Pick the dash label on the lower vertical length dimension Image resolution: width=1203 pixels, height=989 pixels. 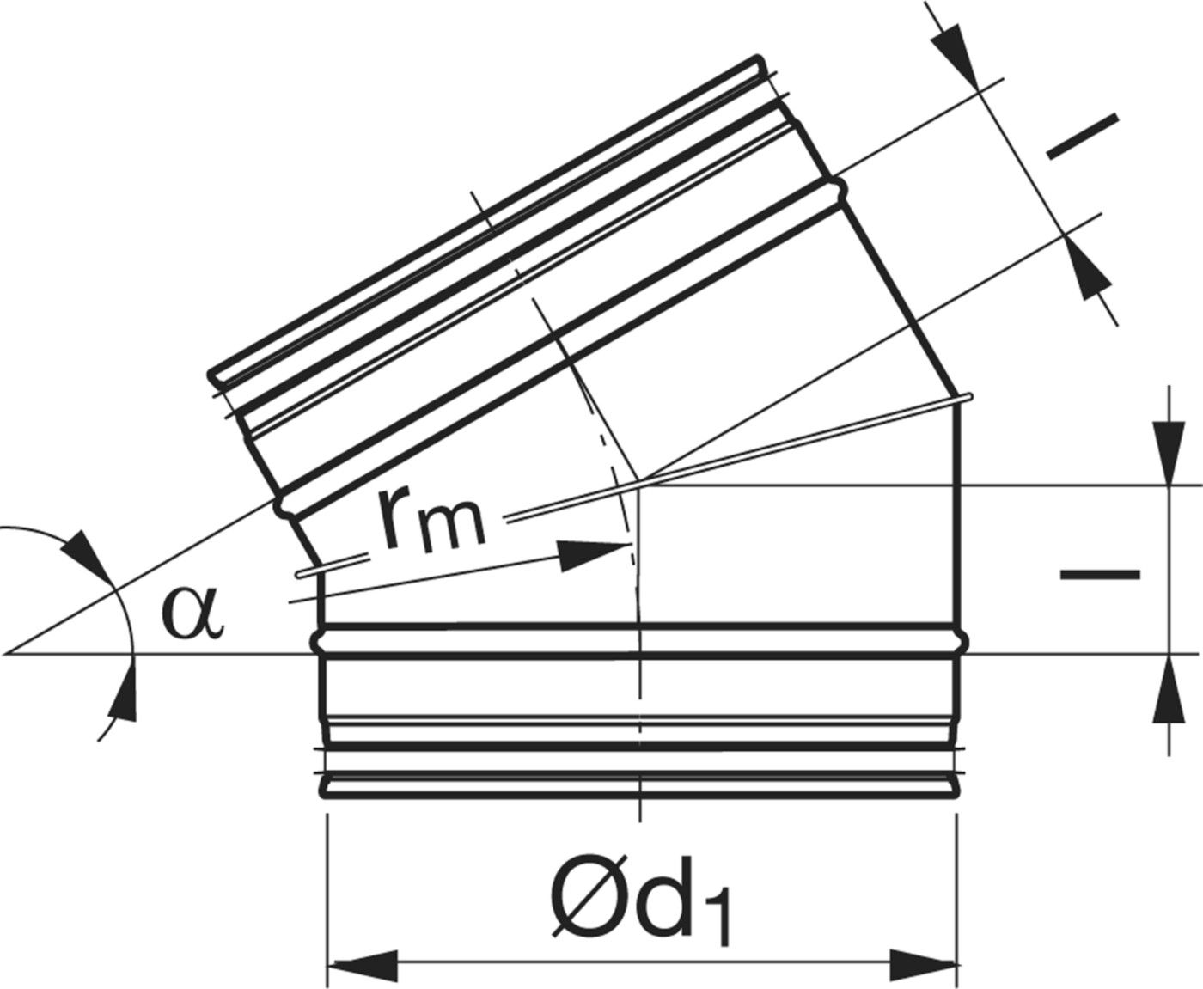[1100, 575]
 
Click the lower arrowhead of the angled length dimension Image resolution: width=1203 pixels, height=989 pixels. [1086, 270]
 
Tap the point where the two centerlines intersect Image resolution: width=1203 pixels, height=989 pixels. [637, 483]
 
